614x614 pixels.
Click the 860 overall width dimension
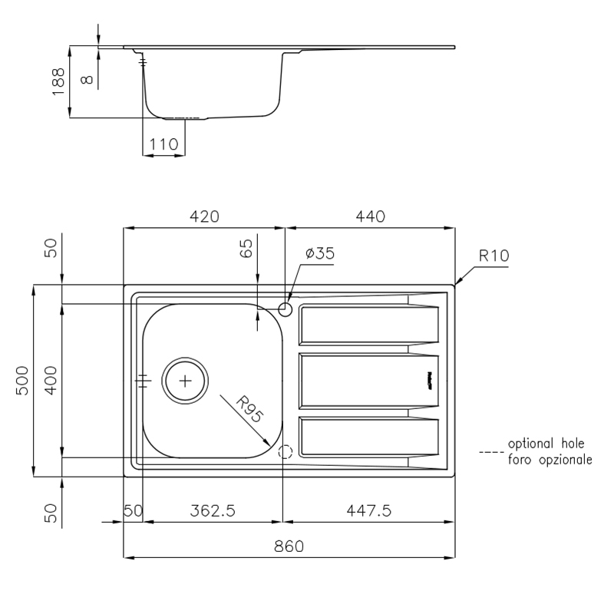tap(289, 546)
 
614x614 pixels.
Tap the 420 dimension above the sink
tap(204, 216)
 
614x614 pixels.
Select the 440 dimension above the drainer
tap(371, 216)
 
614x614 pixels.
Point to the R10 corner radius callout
tap(494, 256)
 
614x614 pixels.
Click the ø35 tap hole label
tap(320, 253)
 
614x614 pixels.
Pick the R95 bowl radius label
tap(249, 409)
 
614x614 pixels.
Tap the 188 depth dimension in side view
tap(58, 81)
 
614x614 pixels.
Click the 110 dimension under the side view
tap(163, 144)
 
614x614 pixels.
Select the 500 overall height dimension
tap(22, 381)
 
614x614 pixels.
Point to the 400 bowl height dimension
tap(51, 381)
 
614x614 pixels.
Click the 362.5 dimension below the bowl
tap(213, 510)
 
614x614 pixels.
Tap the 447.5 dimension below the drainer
tap(369, 510)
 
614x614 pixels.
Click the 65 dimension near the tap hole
tap(246, 248)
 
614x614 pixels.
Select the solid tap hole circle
tap(285, 309)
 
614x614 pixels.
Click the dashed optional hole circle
tap(285, 452)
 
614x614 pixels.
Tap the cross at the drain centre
tap(185, 381)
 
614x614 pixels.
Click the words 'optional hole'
tap(546, 444)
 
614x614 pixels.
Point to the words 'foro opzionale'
tap(550, 459)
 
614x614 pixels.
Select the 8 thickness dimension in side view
tap(87, 80)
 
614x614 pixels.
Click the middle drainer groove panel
tap(368, 381)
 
